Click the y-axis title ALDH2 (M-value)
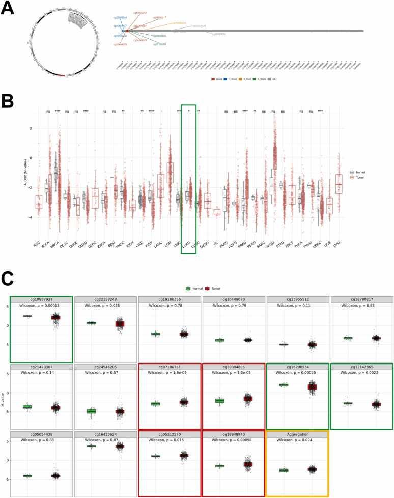tap(25, 173)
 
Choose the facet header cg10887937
tap(41, 299)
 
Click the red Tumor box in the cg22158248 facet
tap(120, 324)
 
